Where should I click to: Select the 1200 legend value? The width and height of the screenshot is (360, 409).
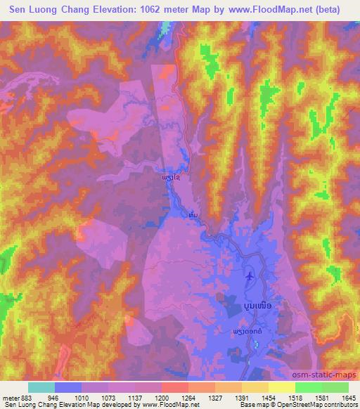161,396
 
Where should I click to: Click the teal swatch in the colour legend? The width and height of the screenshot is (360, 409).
41,387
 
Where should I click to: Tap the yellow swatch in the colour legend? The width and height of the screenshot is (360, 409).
281,387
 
